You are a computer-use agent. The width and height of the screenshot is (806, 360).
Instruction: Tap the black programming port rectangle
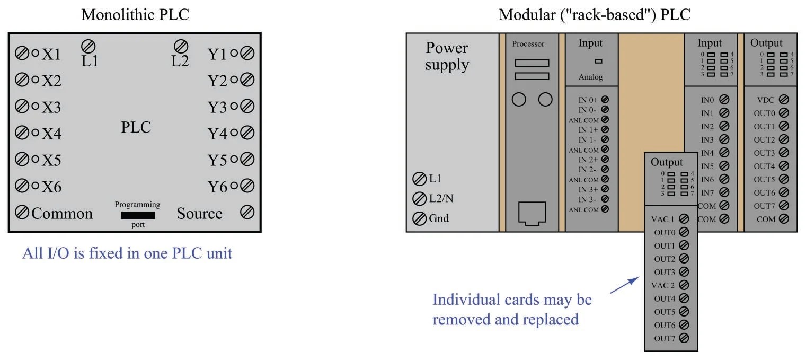[x=138, y=215]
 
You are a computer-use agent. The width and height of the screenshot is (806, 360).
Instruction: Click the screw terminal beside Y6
[x=247, y=186]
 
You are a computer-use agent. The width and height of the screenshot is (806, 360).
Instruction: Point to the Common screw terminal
[x=22, y=213]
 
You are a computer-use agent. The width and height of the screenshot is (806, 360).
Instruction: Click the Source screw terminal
[x=247, y=213]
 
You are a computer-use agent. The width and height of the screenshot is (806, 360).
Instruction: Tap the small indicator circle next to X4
[x=36, y=133]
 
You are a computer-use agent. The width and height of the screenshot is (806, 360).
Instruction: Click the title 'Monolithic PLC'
[x=135, y=15]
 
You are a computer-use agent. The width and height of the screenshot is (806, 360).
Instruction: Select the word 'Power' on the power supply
[x=447, y=48]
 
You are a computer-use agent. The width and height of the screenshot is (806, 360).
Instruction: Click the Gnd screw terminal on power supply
[x=419, y=218]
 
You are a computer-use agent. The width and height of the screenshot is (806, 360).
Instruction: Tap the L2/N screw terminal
[x=419, y=199]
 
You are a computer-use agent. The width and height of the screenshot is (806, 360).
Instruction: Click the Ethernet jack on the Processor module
[x=531, y=214]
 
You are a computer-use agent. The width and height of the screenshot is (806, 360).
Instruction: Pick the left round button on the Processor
[x=519, y=99]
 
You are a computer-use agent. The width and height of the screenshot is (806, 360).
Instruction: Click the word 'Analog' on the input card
[x=590, y=77]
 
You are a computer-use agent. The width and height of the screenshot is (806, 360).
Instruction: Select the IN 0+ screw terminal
[x=605, y=100]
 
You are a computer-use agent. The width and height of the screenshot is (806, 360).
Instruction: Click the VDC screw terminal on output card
[x=784, y=99]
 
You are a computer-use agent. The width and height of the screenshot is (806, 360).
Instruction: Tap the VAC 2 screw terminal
[x=684, y=285]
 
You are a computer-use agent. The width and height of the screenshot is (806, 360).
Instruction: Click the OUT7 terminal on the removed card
[x=684, y=338]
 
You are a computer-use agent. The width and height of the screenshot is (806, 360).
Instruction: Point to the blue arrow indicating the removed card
[x=624, y=285]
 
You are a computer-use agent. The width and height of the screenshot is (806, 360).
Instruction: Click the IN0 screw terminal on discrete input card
[x=724, y=99]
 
